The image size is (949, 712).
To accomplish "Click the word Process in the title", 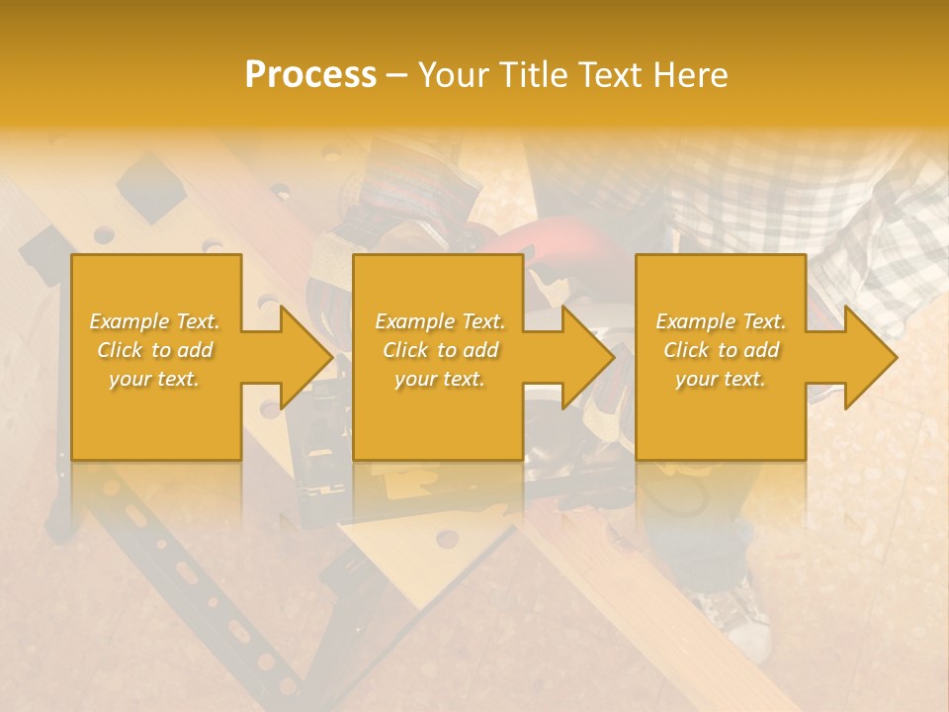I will tap(310, 75).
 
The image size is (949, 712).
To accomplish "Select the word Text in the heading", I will tap(609, 75).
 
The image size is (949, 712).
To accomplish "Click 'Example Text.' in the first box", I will tap(155, 321).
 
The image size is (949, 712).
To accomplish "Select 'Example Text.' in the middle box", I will tap(440, 321).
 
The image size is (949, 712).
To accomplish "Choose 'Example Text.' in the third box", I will tap(721, 321).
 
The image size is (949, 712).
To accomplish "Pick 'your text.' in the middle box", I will tap(439, 379).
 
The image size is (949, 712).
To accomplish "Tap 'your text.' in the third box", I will tap(720, 379).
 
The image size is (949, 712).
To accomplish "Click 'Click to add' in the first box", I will tap(155, 350).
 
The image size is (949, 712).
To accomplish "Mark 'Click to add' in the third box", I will tap(722, 350).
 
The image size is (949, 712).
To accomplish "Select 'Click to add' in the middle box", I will tap(440, 350).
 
